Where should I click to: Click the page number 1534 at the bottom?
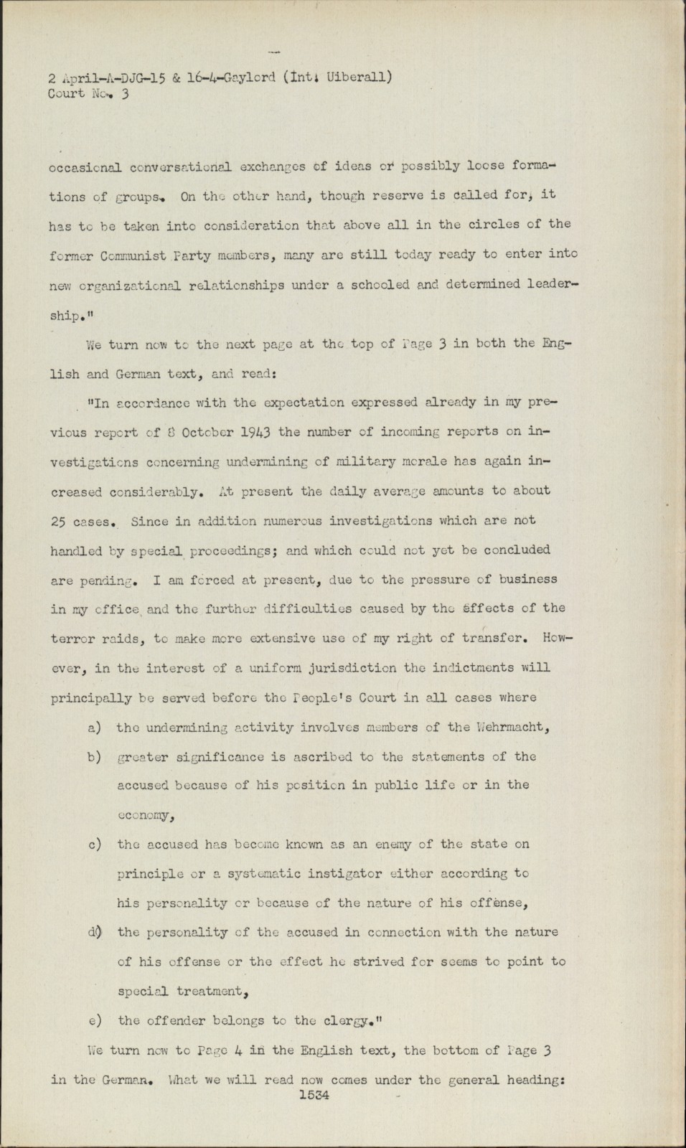pos(313,1096)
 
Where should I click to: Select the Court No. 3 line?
pos(88,93)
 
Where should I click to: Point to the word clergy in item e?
pos(370,1021)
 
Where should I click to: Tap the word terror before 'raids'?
pos(71,639)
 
